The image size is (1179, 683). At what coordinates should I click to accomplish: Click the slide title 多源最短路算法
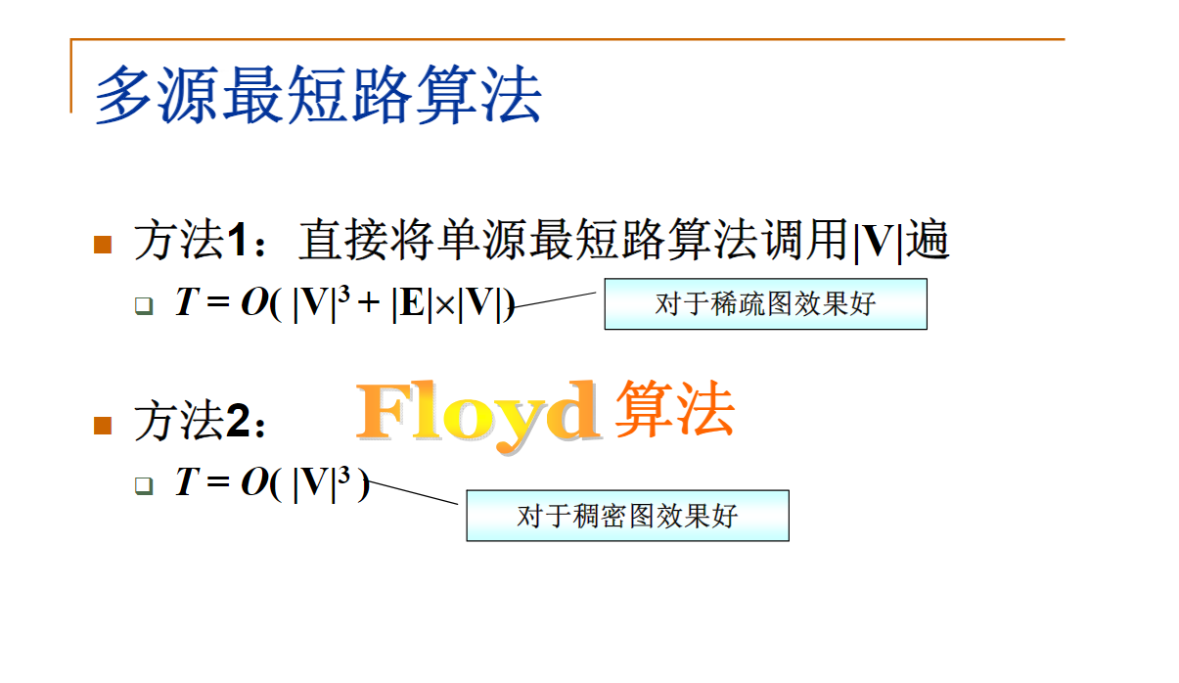(318, 95)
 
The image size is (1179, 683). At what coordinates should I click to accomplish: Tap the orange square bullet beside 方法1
(103, 244)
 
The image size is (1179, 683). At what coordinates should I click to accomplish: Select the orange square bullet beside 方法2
(103, 424)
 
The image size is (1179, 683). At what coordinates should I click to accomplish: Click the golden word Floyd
(477, 414)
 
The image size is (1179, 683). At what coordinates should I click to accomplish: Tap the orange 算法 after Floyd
(674, 410)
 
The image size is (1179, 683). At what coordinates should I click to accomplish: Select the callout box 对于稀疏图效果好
(765, 303)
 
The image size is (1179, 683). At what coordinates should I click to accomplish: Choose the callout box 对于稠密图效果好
(627, 515)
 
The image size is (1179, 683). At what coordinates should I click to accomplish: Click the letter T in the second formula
(186, 482)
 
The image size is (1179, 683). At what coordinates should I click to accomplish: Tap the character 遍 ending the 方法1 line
(927, 242)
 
